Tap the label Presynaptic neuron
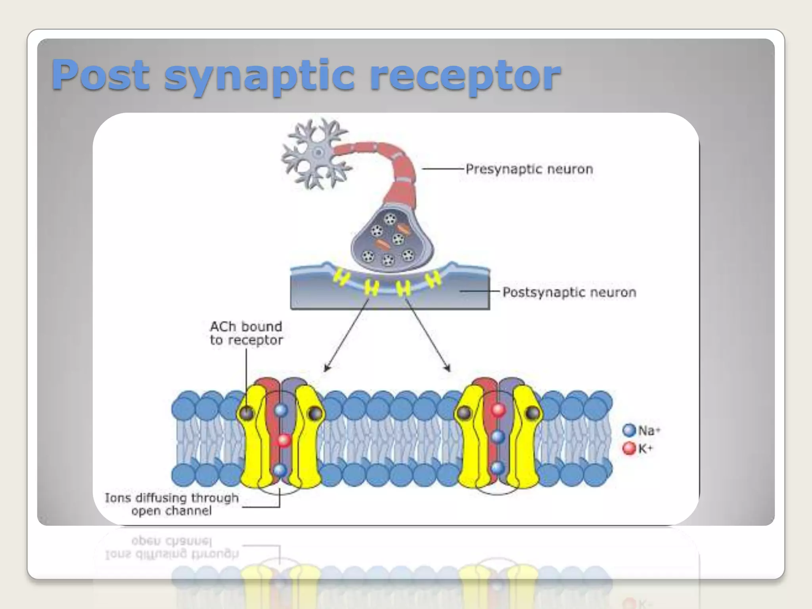click(x=529, y=169)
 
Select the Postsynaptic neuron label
click(x=569, y=293)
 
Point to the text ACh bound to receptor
click(x=246, y=333)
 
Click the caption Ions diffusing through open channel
click(x=172, y=504)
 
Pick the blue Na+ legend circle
click(x=629, y=430)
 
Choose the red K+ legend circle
click(x=629, y=449)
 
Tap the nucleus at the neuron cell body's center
click(x=318, y=153)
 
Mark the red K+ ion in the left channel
click(x=283, y=440)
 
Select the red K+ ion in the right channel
click(x=498, y=409)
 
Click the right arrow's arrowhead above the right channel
click(x=448, y=368)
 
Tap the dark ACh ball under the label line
click(x=247, y=413)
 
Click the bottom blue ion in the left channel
click(x=280, y=470)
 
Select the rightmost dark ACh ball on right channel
click(x=532, y=413)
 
